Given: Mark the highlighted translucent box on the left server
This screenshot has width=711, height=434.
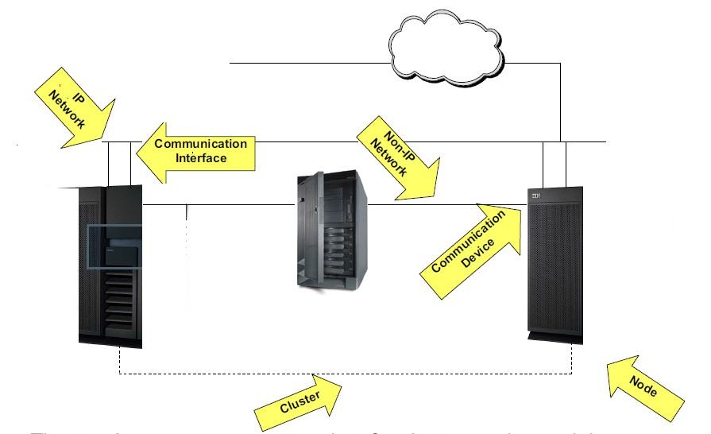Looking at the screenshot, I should coord(114,248).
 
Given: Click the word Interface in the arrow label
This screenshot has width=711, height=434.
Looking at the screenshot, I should coord(201,158).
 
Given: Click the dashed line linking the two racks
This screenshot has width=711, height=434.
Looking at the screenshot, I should coord(342,373).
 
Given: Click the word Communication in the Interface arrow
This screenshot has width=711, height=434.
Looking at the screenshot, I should coord(200,144).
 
